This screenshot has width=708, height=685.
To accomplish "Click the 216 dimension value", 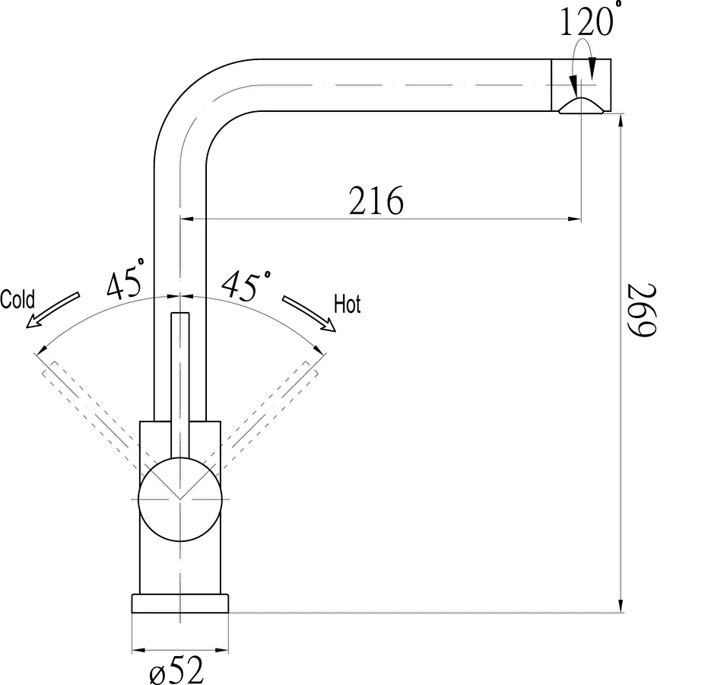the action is (376, 200).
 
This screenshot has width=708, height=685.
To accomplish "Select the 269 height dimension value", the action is (641, 310).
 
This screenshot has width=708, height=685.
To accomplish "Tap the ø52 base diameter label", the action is (176, 670).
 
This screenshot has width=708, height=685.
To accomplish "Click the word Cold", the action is (17, 299).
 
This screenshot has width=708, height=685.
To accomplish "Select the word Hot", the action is (348, 304).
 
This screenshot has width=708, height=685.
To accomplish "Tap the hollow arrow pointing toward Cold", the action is (52, 310).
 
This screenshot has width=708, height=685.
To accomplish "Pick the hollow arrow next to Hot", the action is (310, 313).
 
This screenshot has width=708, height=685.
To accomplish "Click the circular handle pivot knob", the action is (179, 499).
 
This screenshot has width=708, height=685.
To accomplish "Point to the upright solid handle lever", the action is (179, 385).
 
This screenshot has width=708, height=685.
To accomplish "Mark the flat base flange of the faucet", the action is (179, 604).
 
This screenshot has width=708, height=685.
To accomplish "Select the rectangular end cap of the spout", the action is (581, 85).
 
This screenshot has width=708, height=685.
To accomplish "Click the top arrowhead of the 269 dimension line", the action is (621, 122).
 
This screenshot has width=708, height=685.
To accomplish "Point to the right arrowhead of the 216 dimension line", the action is (573, 219).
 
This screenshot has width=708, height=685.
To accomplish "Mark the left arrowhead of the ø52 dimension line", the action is (139, 651).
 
